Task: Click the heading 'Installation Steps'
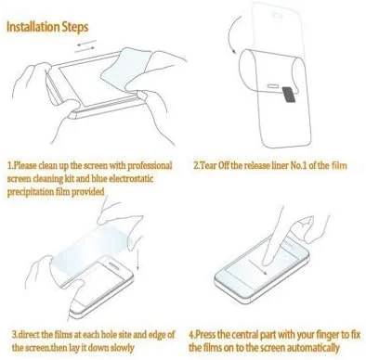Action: pyautogui.click(x=47, y=27)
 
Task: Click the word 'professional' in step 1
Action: pyautogui.click(x=150, y=165)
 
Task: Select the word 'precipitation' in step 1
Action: pyautogui.click(x=30, y=192)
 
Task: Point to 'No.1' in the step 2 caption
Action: pyautogui.click(x=298, y=166)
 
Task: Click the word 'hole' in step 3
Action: pyautogui.click(x=107, y=334)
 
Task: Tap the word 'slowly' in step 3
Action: pyautogui.click(x=123, y=348)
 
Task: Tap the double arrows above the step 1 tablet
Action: pyautogui.click(x=86, y=45)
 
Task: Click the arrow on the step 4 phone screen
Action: pyautogui.click(x=257, y=267)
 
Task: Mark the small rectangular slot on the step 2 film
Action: pyautogui.click(x=273, y=85)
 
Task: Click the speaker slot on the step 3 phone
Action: pyautogui.click(x=112, y=265)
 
